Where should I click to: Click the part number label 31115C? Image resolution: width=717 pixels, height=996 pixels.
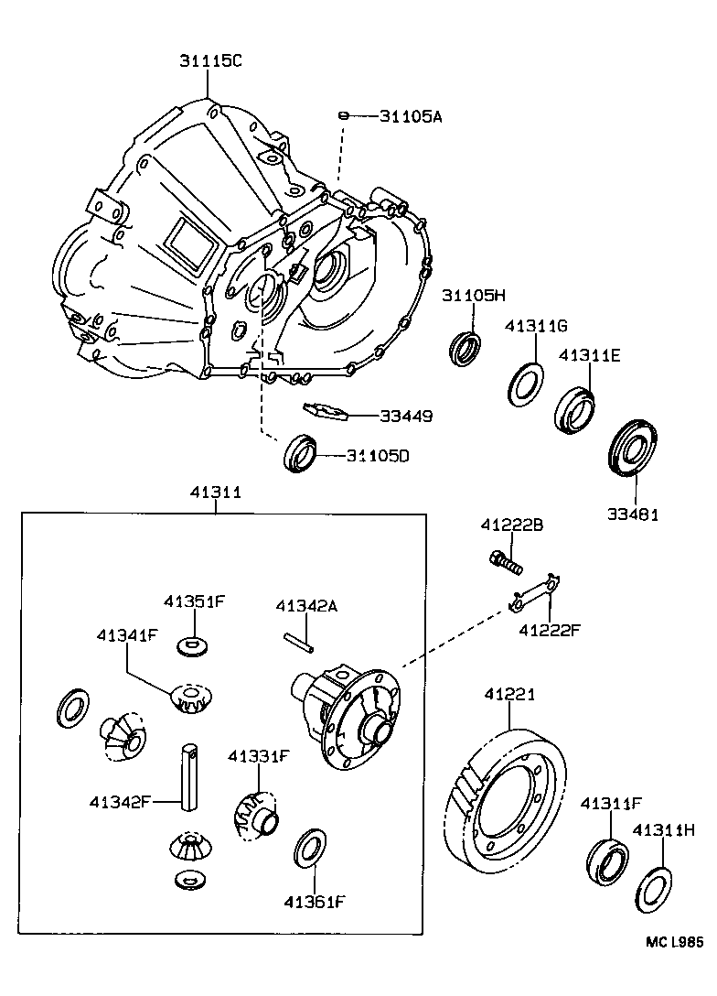(x=209, y=61)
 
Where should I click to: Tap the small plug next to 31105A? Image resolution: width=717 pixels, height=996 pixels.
(x=343, y=115)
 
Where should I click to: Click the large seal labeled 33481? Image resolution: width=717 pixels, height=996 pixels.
(x=632, y=449)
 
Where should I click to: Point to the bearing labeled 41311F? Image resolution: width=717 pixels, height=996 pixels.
(x=605, y=861)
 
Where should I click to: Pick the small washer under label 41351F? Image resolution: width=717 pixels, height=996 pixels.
(x=190, y=646)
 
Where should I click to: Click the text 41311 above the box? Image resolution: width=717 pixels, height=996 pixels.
(x=216, y=493)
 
